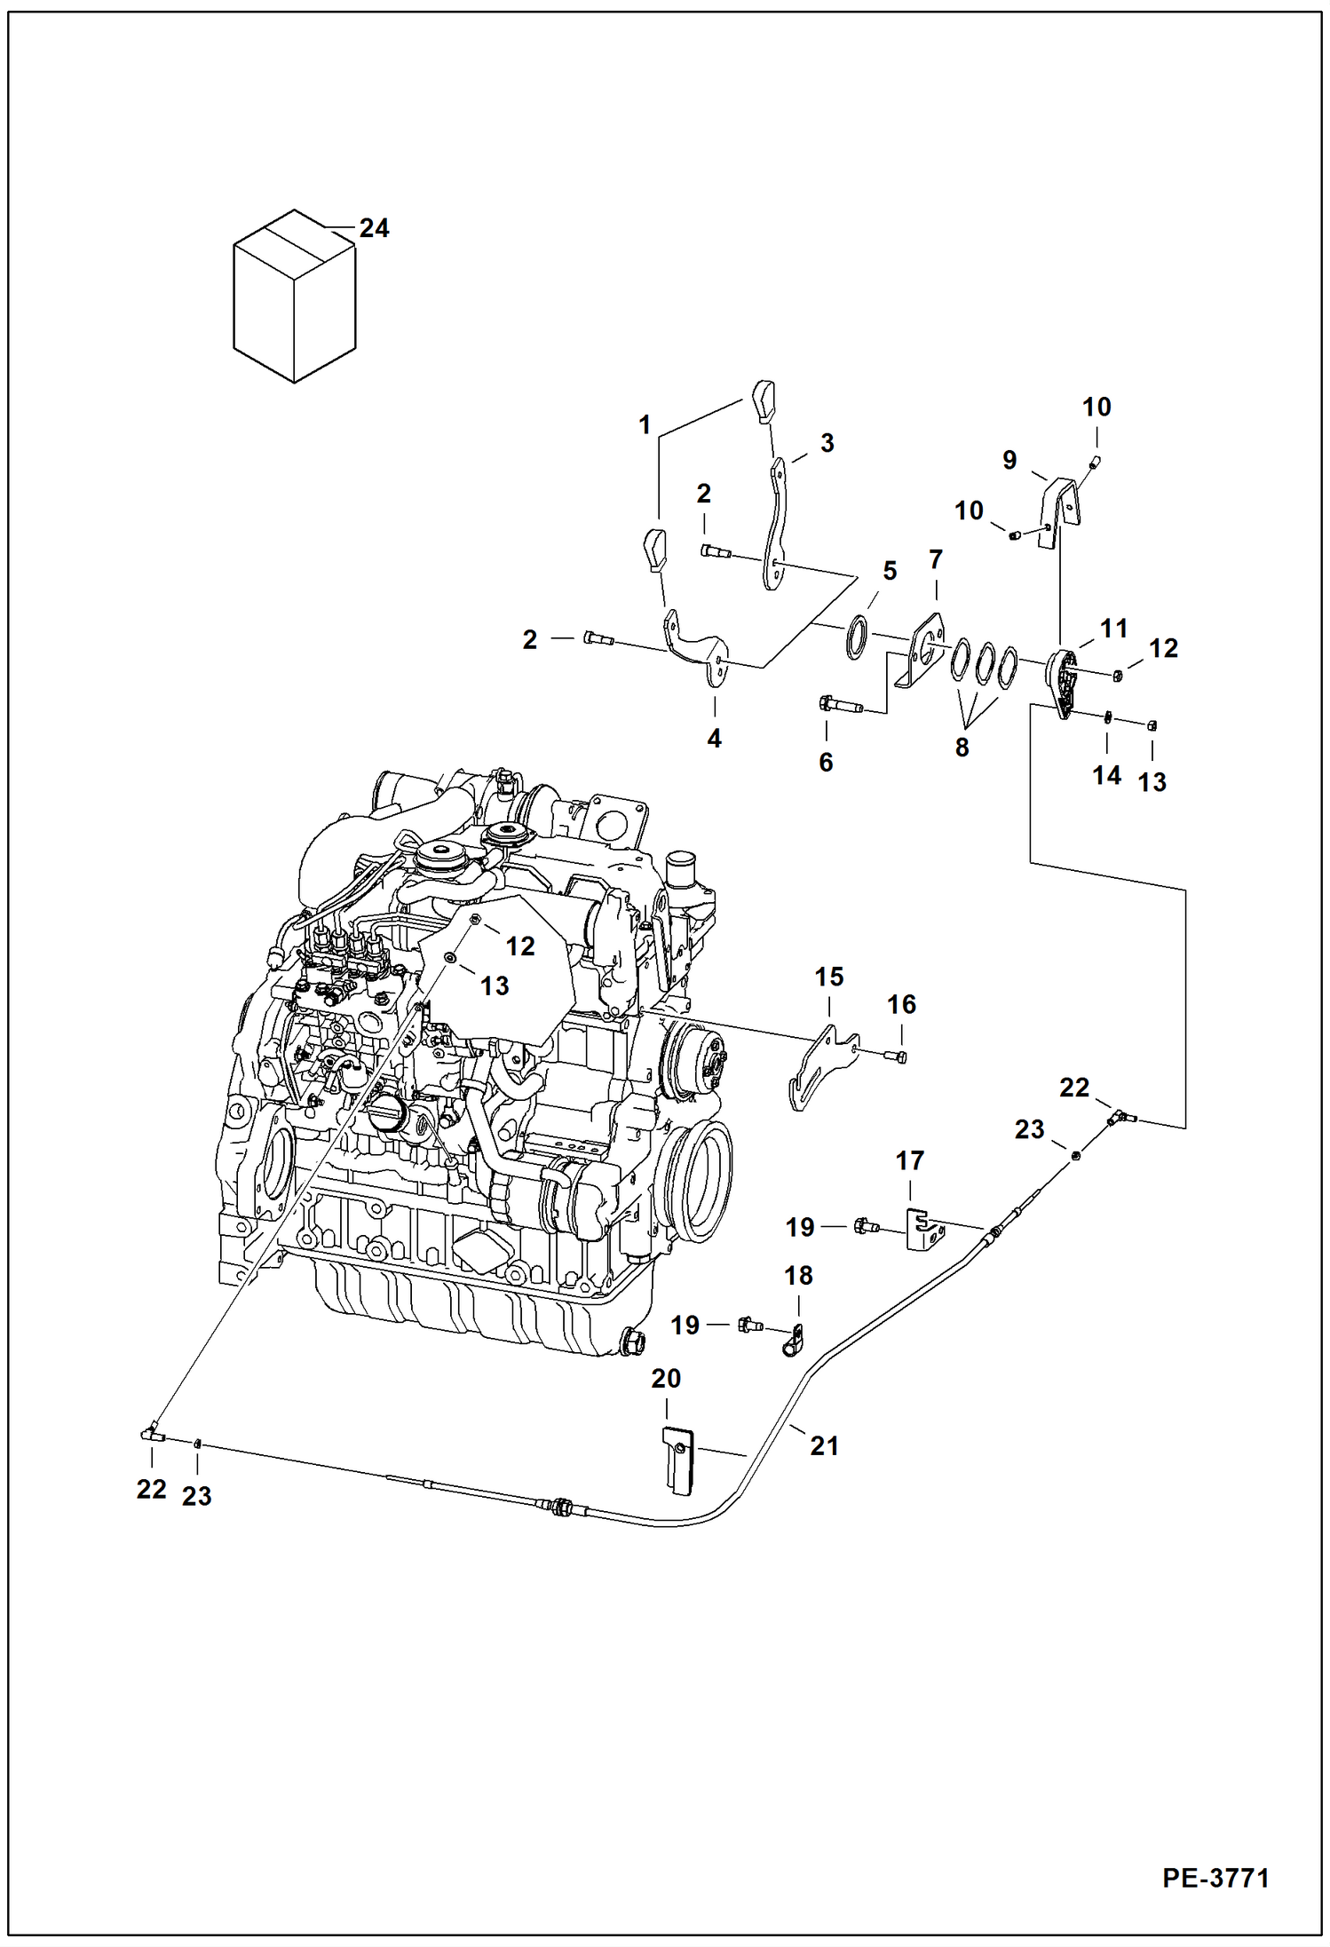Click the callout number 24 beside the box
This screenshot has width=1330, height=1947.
(374, 229)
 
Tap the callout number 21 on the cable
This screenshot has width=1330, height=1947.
(824, 1446)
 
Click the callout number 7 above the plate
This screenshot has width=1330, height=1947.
(935, 560)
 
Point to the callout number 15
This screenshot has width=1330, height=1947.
(828, 977)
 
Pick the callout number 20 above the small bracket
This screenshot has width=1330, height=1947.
(666, 1379)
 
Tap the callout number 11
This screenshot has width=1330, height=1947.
(1113, 629)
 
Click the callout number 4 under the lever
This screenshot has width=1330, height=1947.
(714, 738)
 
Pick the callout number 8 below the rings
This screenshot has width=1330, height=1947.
(962, 748)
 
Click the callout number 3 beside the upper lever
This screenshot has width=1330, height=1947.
(827, 443)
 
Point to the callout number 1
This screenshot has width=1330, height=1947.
(645, 425)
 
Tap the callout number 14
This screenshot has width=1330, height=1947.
(1106, 775)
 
